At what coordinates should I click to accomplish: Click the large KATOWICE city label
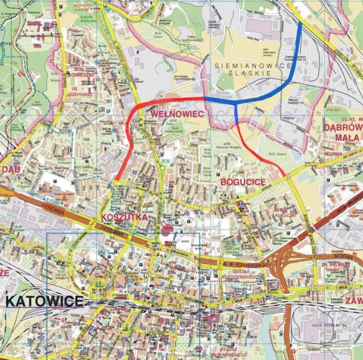click(44, 300)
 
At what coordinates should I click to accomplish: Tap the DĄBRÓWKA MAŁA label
click(343, 132)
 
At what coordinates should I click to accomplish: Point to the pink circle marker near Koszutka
click(166, 229)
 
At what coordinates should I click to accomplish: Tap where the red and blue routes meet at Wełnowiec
click(205, 98)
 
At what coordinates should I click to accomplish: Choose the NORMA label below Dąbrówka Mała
click(333, 154)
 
